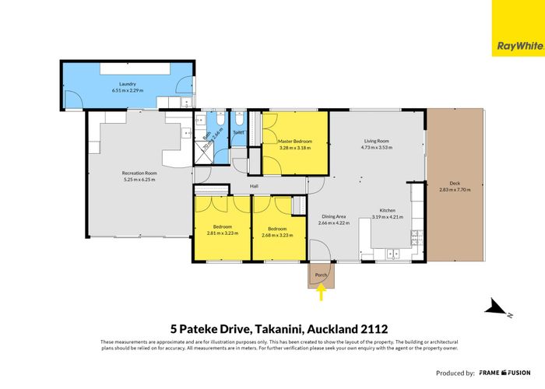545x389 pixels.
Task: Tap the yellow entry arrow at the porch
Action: [320, 293]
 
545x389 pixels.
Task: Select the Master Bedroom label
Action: [296, 141]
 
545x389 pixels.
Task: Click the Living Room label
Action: [374, 141]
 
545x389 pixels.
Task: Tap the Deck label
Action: [450, 184]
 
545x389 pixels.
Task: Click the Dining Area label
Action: [334, 216]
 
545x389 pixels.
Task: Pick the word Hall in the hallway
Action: [254, 186]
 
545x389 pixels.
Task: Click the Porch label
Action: [320, 275]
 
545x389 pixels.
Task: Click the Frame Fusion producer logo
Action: [506, 373]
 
